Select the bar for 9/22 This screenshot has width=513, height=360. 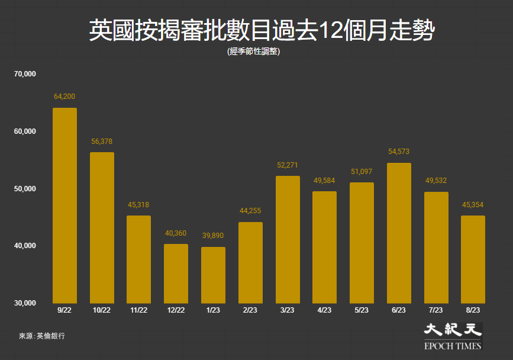(x=64, y=205)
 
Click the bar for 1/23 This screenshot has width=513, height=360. (x=213, y=275)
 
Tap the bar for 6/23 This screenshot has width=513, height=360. (x=398, y=233)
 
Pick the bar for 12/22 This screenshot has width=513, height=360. (x=176, y=274)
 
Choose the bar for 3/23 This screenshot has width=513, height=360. (x=288, y=239)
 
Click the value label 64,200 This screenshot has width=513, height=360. (x=64, y=97)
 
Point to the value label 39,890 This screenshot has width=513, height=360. (x=213, y=236)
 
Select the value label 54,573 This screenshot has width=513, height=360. (x=398, y=152)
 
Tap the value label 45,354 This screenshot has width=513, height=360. (x=472, y=205)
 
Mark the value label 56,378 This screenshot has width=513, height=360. (x=102, y=142)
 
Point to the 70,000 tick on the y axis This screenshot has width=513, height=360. (x=25, y=74)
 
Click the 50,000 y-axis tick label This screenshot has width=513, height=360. (x=25, y=189)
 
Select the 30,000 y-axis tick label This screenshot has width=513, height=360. (x=25, y=303)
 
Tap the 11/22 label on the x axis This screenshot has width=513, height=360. (x=138, y=310)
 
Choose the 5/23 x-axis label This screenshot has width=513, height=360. (x=362, y=310)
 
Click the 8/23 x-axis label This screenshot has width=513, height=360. (x=472, y=310)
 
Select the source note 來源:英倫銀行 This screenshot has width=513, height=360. (x=42, y=336)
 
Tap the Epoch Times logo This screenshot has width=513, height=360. (x=453, y=336)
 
